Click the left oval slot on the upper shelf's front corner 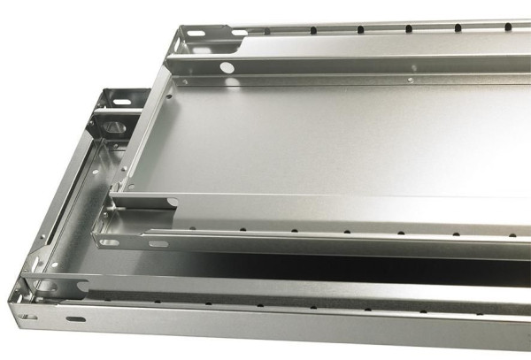pyautogui.click(x=109, y=241)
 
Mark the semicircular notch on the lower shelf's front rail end pyautogui.click(x=81, y=287)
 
